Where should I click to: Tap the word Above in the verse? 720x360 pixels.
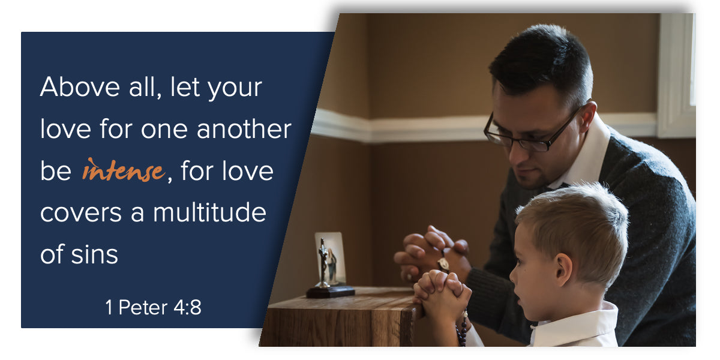pos(80,87)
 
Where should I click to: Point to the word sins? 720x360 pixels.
pos(95,254)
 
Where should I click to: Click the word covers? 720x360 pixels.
pos(81,213)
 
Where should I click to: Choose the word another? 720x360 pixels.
pos(244,128)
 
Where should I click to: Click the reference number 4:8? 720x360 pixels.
pos(187,307)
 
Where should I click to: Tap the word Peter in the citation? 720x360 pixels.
pos(143,307)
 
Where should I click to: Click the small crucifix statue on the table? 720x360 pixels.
pos(323,262)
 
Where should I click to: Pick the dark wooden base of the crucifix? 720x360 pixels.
pos(331,292)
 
